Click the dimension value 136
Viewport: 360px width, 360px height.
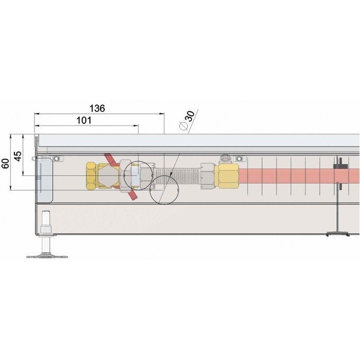[x=97, y=109]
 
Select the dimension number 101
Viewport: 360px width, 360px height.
[x=84, y=120]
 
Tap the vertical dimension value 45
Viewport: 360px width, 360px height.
[x=18, y=156]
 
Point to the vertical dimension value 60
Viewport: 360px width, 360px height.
[x=6, y=164]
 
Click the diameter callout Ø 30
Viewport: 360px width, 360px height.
[x=187, y=120]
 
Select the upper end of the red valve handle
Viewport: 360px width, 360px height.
[x=106, y=155]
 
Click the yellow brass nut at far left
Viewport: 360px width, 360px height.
[x=92, y=176]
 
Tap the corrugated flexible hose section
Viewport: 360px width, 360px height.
[x=177, y=176]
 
